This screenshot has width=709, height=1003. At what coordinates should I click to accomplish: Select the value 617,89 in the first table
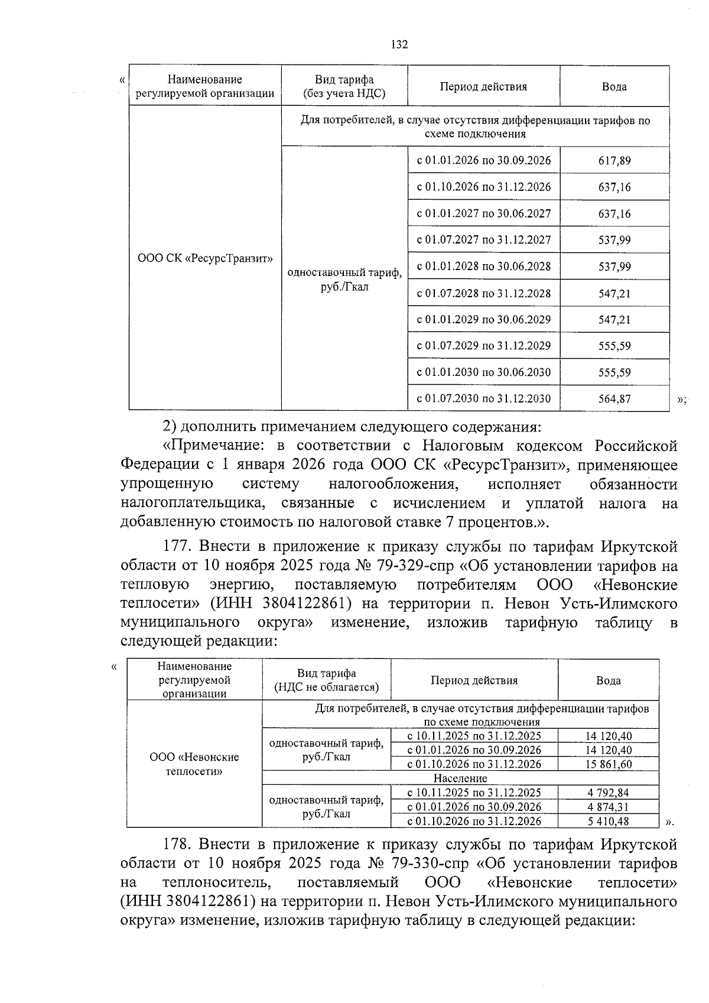coord(614,161)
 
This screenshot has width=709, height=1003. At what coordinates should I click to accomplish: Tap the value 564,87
coord(614,399)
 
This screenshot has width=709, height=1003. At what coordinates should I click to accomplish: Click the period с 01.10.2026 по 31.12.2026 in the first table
coord(484,187)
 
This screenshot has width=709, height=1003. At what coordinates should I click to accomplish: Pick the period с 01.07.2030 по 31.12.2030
coord(484,399)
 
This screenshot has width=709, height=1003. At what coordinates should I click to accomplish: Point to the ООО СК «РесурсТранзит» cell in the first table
coord(205,258)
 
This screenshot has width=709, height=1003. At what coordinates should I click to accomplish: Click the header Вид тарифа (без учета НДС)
coord(344,86)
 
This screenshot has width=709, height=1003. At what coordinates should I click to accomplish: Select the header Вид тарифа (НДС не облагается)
coord(326,680)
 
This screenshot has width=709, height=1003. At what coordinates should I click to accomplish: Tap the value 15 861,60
coord(609,764)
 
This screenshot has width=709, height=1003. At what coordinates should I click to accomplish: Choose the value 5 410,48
coord(609,821)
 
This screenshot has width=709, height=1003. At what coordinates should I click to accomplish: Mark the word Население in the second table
coord(460,778)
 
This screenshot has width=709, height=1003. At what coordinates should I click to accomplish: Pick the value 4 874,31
coord(609,807)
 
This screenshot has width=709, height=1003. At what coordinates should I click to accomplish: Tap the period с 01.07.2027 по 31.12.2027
coord(484,240)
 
